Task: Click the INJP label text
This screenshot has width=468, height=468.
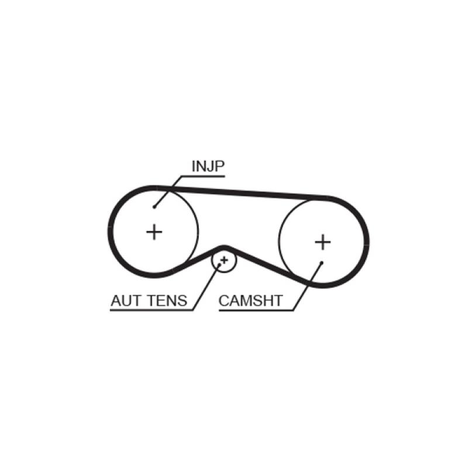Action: (x=208, y=166)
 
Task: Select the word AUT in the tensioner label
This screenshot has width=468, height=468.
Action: (x=125, y=301)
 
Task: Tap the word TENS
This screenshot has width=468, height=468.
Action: (x=167, y=301)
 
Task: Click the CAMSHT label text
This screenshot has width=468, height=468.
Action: (x=251, y=301)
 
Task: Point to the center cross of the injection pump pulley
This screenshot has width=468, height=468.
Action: (x=154, y=232)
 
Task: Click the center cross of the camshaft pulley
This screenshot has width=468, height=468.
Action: (x=323, y=242)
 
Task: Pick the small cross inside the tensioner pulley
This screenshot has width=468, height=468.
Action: (x=224, y=260)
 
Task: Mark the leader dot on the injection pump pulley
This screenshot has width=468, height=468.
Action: (x=154, y=207)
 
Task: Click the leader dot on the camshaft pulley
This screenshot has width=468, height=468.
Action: (x=322, y=263)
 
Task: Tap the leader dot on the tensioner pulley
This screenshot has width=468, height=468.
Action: (x=219, y=265)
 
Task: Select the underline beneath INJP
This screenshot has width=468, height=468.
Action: (x=202, y=176)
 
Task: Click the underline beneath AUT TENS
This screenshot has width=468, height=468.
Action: (x=152, y=311)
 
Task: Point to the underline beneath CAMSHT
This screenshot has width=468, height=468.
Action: (x=256, y=311)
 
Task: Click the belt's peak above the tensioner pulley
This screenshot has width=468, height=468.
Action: (x=224, y=247)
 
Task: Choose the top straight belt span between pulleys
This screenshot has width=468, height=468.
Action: (x=242, y=192)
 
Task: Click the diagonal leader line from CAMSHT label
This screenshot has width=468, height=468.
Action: (x=308, y=287)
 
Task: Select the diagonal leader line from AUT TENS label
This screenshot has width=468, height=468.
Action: (x=207, y=288)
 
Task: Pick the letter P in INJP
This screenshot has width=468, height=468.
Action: (x=219, y=166)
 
